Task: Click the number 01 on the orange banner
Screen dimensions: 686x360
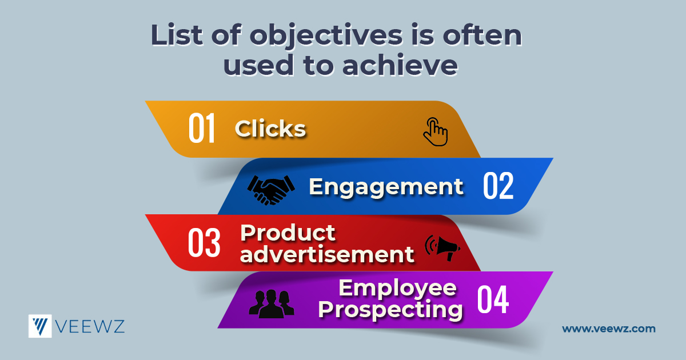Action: click(x=201, y=127)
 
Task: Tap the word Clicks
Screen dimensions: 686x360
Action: click(x=270, y=128)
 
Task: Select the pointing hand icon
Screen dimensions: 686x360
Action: click(x=436, y=131)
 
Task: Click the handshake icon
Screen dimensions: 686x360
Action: click(x=271, y=190)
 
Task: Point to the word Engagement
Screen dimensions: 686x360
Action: click(x=386, y=187)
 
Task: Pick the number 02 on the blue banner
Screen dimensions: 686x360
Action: click(x=498, y=186)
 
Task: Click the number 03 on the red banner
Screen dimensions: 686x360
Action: click(x=204, y=242)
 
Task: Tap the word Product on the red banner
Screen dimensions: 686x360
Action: click(x=288, y=233)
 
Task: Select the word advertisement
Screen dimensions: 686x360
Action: click(x=327, y=254)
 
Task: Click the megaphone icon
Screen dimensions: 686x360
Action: click(x=443, y=248)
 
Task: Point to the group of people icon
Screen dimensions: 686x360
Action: click(x=272, y=304)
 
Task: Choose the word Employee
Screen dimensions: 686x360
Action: click(x=397, y=289)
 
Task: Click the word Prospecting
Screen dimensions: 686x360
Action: click(x=390, y=310)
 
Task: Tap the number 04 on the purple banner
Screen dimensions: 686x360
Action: click(x=493, y=299)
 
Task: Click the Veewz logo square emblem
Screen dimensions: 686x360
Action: click(x=40, y=326)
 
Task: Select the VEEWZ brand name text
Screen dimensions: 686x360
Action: click(x=90, y=326)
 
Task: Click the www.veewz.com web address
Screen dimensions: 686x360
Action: click(x=609, y=329)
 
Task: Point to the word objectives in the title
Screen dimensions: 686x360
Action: click(x=326, y=36)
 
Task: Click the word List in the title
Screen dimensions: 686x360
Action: click(x=177, y=35)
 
